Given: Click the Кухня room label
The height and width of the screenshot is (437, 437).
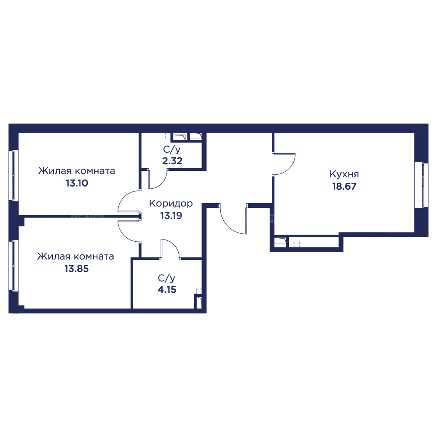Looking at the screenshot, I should tap(344, 174).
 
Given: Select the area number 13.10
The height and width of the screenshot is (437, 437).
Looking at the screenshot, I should tap(77, 183).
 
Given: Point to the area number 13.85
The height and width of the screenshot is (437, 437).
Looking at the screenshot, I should tap(77, 269).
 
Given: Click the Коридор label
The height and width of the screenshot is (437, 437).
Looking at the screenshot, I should tap(170, 204).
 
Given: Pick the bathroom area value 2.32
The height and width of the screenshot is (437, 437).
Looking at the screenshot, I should tap(172, 160).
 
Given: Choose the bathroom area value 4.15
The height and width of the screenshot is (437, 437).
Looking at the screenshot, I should tap(166, 289).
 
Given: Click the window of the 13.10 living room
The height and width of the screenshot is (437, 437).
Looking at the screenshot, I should tap(14, 175).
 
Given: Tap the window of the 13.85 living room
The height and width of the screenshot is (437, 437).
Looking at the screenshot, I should tap(14, 265).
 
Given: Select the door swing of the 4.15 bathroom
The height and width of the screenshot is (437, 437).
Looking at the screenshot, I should tap(171, 248).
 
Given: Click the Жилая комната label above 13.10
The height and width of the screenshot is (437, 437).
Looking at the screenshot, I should tap(77, 171).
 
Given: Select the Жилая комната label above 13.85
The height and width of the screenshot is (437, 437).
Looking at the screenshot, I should tap(76, 257).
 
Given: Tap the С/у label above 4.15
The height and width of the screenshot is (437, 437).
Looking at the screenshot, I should tap(166, 278).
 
